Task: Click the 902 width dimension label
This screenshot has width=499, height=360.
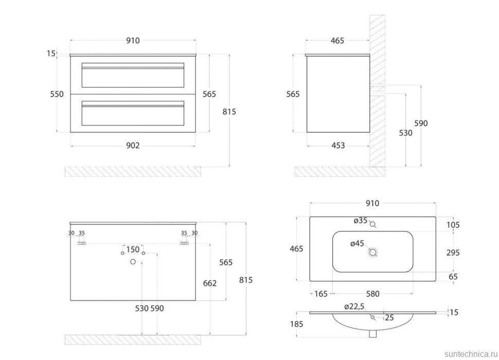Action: (133, 146)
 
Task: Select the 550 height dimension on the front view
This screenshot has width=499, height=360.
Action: (57, 94)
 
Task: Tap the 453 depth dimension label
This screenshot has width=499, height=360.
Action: (338, 146)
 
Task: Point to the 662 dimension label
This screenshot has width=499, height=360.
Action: (210, 283)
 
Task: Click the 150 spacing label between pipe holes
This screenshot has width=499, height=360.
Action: (133, 250)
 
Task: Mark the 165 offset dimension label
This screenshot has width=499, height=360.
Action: (320, 294)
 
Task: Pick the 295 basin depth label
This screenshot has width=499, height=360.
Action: (453, 253)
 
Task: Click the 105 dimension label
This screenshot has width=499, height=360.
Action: (453, 225)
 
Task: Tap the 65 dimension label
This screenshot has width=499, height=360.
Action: (453, 277)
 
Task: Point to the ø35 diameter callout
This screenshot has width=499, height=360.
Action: (360, 221)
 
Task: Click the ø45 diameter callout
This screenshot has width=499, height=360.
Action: (358, 244)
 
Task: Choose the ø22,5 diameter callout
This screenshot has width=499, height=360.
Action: (355, 307)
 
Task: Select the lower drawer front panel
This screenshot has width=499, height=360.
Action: (133, 115)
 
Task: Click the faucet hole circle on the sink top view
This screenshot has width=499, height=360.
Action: (373, 224)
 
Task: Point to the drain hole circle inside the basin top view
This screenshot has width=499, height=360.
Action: (373, 253)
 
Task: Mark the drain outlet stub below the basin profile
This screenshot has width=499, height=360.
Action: (372, 334)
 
